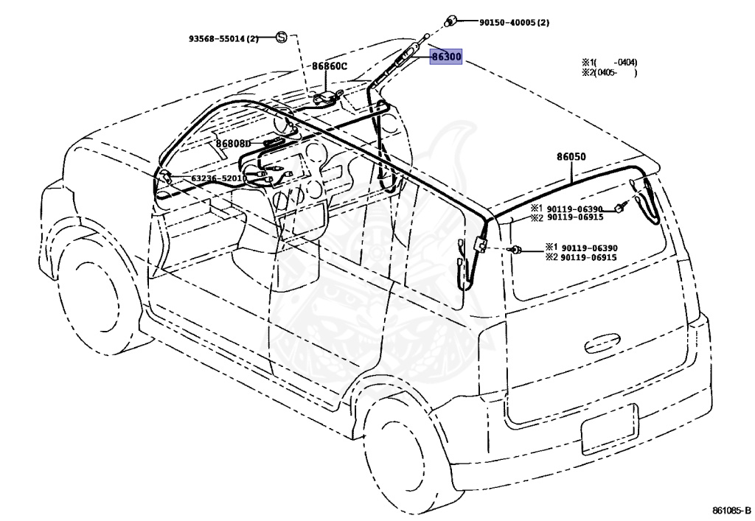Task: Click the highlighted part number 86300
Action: click(447, 57)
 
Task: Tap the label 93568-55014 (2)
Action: click(223, 38)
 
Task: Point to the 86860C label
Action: click(329, 66)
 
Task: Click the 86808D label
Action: click(234, 143)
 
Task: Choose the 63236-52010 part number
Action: click(219, 178)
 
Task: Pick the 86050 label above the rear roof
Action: click(571, 157)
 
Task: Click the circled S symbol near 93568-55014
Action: click(282, 37)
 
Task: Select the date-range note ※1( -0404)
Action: click(609, 63)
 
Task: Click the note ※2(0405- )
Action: click(609, 73)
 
